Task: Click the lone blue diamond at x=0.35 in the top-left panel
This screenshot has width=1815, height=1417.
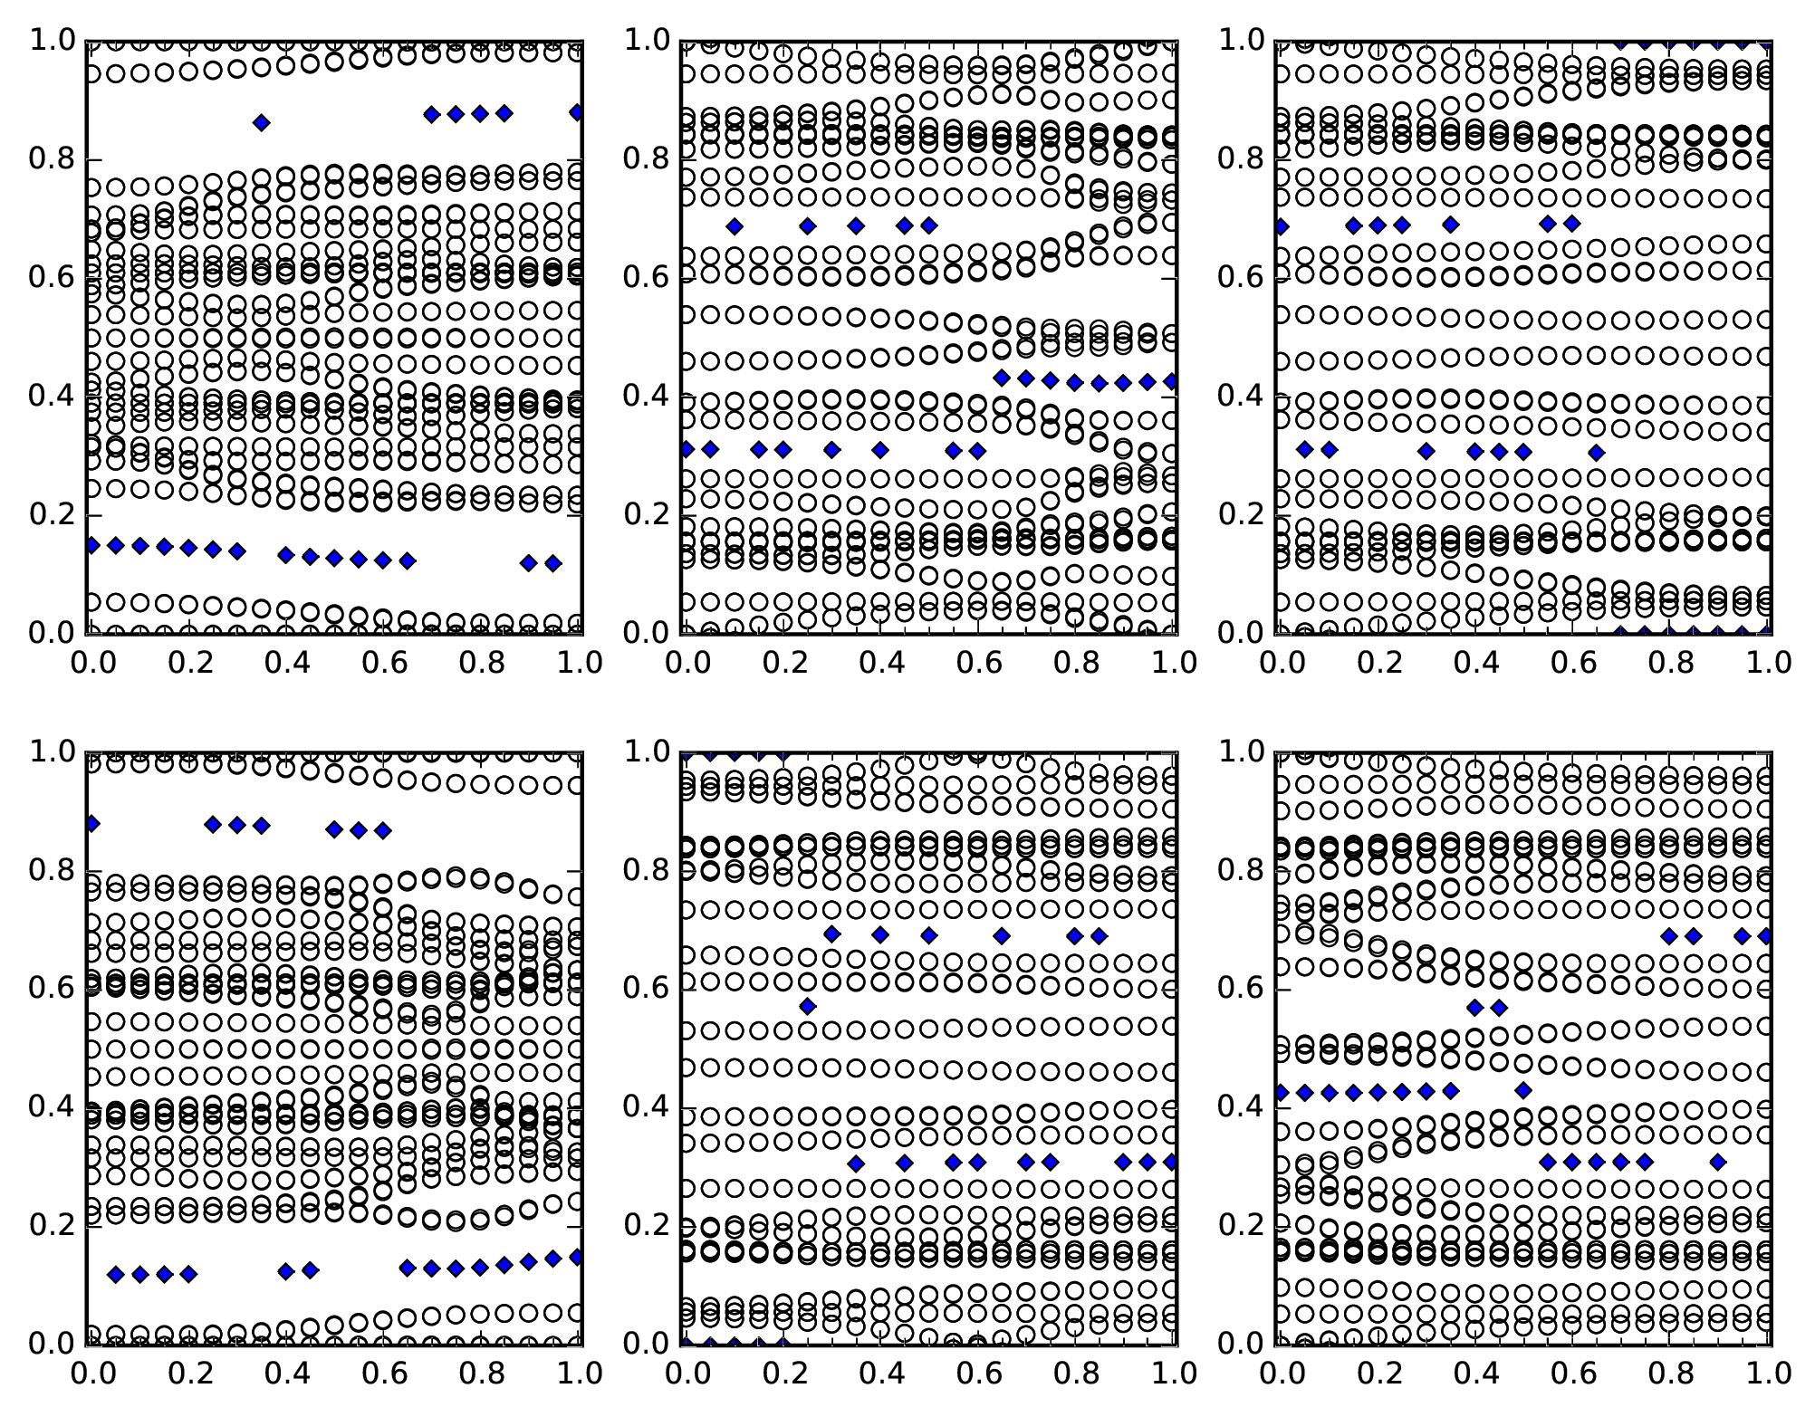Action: tap(261, 122)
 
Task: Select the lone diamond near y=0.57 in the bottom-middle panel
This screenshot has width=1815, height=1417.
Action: tap(807, 1006)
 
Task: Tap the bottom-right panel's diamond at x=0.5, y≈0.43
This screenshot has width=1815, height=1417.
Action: tap(1523, 1090)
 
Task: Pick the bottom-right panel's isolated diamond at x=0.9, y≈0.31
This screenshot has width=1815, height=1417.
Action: tap(1718, 1162)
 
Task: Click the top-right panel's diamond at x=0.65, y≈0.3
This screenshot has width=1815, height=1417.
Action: tap(1596, 452)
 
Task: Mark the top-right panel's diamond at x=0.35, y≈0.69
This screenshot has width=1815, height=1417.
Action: tap(1450, 225)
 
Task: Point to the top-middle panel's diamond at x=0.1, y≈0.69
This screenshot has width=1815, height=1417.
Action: tap(735, 225)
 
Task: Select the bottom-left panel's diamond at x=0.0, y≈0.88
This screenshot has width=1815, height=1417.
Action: tap(91, 824)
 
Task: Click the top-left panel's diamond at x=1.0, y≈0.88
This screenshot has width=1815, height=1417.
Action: tap(577, 112)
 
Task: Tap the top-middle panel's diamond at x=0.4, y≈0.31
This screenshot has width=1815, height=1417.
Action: tap(879, 449)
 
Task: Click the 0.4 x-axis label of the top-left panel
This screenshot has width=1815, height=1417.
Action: tap(287, 664)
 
